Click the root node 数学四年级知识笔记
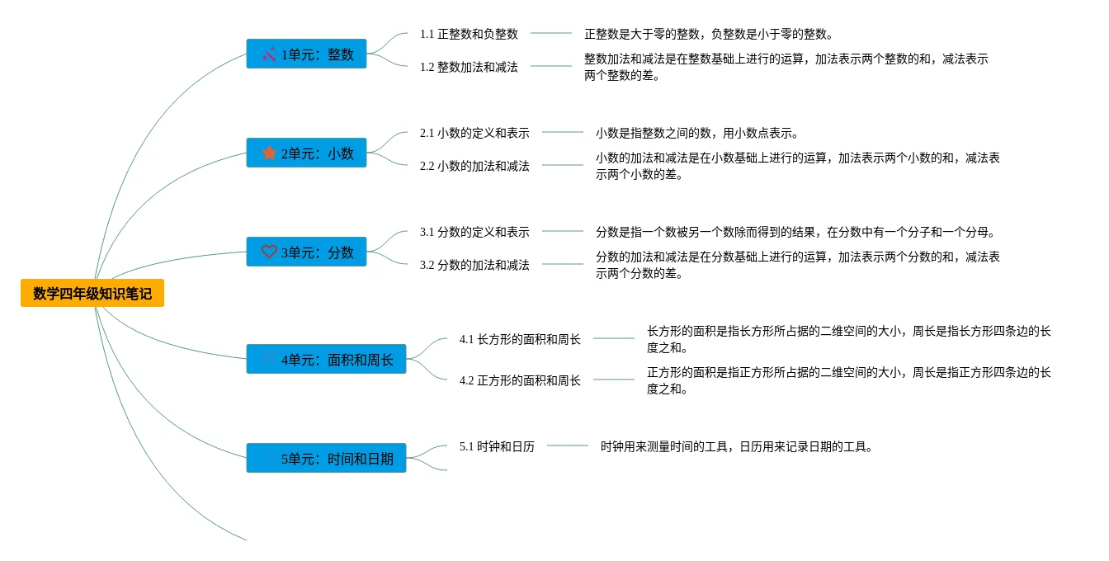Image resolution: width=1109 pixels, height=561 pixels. [92, 293]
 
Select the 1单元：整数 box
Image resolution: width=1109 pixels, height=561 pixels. [306, 54]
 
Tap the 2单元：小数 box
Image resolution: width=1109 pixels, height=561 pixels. [306, 153]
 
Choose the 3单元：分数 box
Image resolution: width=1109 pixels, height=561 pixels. [306, 252]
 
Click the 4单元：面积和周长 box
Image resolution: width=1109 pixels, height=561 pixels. [326, 359]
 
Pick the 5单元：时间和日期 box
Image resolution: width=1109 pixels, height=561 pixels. [326, 458]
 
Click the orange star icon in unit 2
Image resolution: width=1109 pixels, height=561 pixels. [269, 153]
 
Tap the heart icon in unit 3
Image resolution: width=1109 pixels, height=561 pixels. [269, 252]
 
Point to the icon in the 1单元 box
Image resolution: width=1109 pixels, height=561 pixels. [269, 54]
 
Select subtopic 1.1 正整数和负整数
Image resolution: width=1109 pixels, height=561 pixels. [469, 34]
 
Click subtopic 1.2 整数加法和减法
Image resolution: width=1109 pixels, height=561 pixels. [469, 67]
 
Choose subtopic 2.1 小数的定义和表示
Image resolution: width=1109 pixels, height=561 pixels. [474, 133]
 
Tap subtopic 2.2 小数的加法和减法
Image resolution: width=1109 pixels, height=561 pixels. [474, 166]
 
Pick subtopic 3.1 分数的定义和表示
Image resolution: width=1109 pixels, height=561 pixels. [474, 232]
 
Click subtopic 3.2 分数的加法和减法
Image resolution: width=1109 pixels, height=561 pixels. [474, 265]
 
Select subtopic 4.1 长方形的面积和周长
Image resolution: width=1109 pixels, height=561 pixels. [520, 339]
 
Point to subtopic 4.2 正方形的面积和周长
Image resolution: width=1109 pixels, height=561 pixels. [520, 380]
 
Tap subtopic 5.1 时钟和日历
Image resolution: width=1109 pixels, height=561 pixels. [497, 446]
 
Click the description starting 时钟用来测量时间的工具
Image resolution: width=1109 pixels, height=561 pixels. [736, 446]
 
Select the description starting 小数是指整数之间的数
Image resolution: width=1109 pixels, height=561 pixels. [696, 133]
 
